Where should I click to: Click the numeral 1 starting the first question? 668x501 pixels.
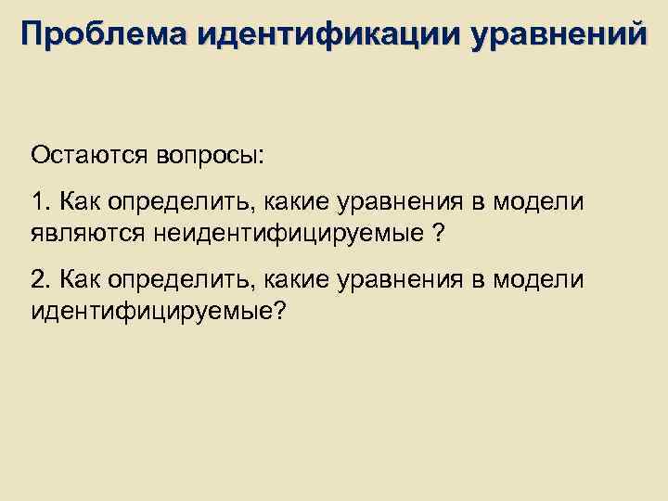point(37,201)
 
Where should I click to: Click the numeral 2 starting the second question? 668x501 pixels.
point(37,279)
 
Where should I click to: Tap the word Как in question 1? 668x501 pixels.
point(75,201)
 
